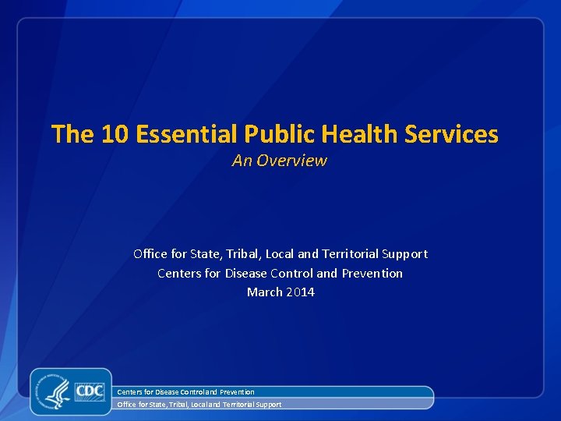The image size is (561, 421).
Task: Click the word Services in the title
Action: coord(452,135)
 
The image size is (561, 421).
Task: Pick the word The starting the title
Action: coord(72,135)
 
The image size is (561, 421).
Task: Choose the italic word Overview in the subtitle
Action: coord(291,161)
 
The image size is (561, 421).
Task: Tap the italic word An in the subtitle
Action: coord(242,161)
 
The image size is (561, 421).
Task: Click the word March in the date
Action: coord(263,292)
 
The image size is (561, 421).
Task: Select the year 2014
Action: coord(300,292)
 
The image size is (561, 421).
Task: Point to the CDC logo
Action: coord(90,390)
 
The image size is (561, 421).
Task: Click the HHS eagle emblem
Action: coord(55,391)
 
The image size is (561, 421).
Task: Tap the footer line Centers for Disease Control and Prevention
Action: coord(185,391)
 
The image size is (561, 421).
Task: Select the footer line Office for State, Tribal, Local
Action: coord(199,405)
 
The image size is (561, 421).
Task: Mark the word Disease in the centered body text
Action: coord(245,274)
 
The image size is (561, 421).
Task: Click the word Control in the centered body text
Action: coord(292,274)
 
